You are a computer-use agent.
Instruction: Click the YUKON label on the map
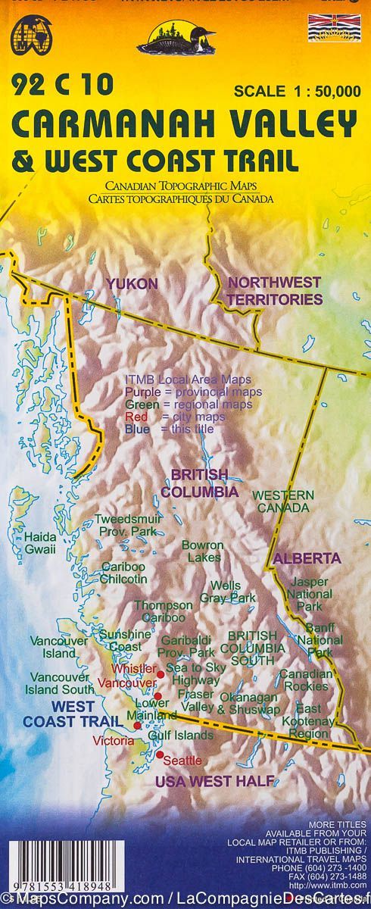132,284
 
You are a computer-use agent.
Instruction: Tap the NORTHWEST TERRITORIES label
276,291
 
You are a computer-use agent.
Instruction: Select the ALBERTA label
307,558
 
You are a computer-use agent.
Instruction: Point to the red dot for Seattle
161,755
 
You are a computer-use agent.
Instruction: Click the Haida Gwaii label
39,543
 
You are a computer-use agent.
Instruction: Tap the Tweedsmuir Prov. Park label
126,526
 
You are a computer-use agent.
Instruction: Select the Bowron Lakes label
202,551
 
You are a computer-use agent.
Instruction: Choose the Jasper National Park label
308,594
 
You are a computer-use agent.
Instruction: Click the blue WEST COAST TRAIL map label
69,714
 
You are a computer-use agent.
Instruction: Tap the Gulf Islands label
181,736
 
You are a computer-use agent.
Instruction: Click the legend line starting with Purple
193,392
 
